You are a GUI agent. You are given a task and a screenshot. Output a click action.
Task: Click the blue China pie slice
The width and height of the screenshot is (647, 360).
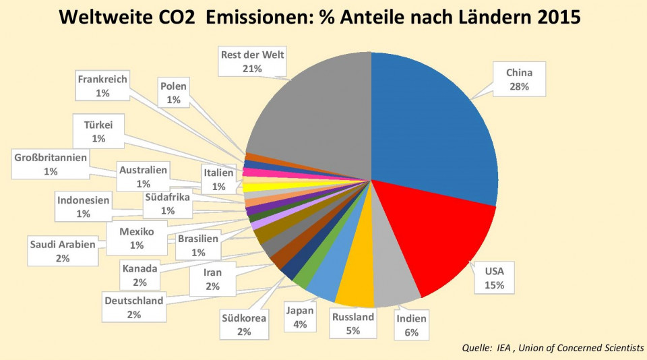431,121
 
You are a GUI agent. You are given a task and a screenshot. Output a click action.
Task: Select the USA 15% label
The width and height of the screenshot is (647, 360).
499,278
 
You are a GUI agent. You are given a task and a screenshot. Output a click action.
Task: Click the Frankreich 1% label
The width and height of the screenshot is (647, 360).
102,86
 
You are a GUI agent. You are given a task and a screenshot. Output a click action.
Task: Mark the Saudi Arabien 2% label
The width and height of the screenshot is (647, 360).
63,251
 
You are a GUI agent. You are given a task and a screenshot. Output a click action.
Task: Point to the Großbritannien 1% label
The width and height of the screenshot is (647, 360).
51,164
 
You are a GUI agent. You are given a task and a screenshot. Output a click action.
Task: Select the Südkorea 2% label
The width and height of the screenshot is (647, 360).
244,324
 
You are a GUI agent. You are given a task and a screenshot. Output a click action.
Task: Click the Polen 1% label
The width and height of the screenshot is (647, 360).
173,93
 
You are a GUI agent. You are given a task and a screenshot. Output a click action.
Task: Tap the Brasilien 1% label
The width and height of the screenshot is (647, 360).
198,245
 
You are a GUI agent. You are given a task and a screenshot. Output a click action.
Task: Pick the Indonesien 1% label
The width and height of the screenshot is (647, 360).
83,207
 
